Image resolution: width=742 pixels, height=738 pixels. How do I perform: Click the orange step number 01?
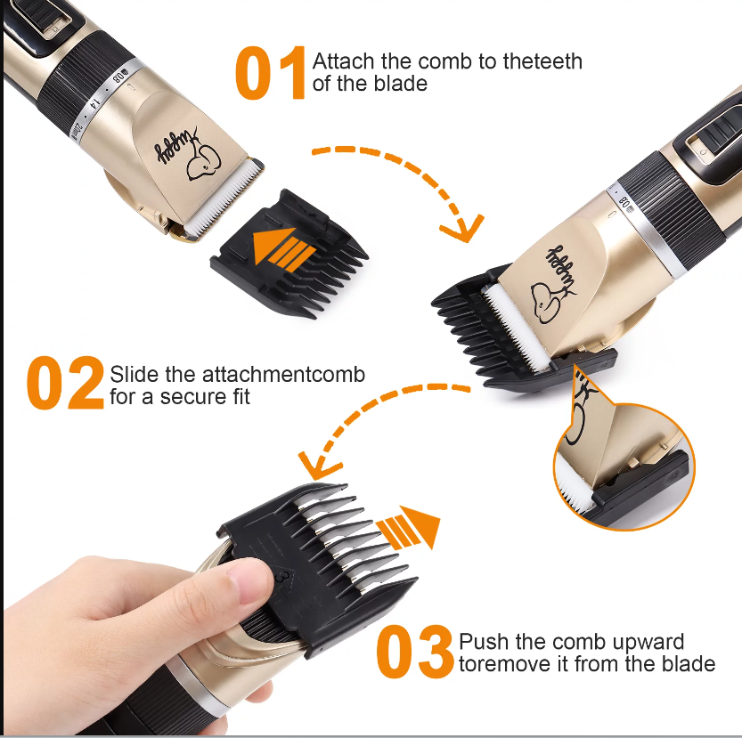(x=272, y=74)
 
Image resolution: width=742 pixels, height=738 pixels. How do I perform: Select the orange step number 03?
(x=414, y=652)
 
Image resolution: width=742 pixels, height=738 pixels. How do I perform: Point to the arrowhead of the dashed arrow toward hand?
(x=314, y=465)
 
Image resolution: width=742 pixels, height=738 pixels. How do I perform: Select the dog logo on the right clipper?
(x=546, y=297)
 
